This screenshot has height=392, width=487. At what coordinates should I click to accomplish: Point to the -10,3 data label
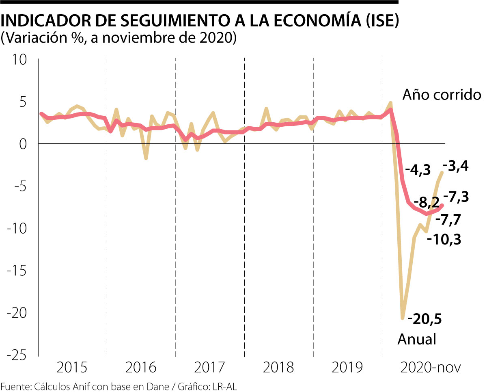(444, 239)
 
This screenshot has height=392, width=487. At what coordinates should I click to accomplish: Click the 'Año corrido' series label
(442, 95)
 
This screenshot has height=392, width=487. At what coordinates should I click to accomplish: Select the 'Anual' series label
(416, 339)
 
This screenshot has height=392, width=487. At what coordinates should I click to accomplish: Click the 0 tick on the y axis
(22, 144)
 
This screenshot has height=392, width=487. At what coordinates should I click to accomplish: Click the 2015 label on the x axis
(72, 368)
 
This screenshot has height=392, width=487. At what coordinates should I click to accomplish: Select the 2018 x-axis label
(278, 368)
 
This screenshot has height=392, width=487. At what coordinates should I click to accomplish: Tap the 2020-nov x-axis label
(431, 368)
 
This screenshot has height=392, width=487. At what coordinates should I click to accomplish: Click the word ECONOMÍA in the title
(298, 22)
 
